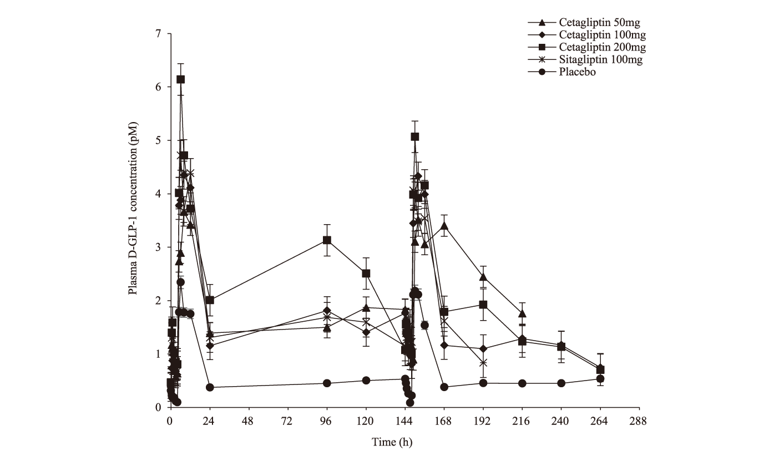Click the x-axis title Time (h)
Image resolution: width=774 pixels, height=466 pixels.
pyautogui.click(x=392, y=442)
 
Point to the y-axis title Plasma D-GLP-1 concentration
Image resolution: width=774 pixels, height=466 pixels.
pyautogui.click(x=134, y=220)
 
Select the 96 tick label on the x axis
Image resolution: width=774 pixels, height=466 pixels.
pyautogui.click(x=327, y=420)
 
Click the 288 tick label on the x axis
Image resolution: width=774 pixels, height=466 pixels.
pyautogui.click(x=639, y=420)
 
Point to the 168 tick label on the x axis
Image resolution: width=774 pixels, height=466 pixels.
pyautogui.click(x=444, y=420)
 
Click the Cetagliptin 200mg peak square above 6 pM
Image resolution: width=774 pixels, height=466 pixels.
pyautogui.click(x=181, y=79)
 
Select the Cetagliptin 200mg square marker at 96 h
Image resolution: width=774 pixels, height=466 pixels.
pyautogui.click(x=327, y=240)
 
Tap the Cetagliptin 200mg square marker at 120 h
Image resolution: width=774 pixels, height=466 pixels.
pyautogui.click(x=366, y=273)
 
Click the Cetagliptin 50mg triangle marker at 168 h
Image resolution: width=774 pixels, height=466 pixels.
pyautogui.click(x=444, y=226)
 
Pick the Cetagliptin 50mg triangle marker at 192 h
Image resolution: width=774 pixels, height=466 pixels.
pyautogui.click(x=483, y=277)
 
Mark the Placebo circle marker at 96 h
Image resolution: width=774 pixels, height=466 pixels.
pyautogui.click(x=327, y=383)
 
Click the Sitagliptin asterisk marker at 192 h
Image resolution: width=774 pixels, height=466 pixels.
pyautogui.click(x=483, y=363)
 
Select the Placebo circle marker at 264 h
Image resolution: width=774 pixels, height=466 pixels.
pyautogui.click(x=600, y=379)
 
